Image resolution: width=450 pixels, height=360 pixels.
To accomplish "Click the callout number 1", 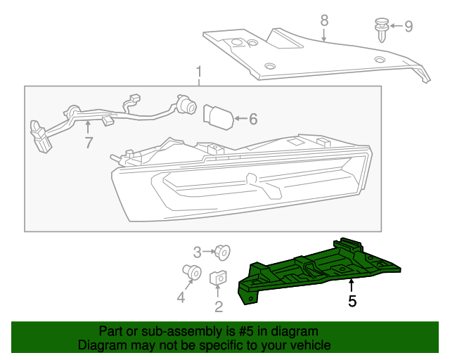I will click(x=199, y=72).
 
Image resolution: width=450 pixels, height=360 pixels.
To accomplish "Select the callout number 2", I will click(x=219, y=306).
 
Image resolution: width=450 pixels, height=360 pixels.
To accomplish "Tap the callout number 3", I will click(x=198, y=251).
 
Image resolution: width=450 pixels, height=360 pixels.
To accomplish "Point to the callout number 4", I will click(x=181, y=297).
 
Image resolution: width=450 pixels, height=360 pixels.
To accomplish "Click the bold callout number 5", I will click(x=352, y=302).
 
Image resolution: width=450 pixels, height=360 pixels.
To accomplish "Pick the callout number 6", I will click(x=253, y=120).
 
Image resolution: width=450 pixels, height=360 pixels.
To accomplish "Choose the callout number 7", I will click(x=89, y=143).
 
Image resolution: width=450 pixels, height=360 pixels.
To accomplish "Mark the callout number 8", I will click(x=324, y=20).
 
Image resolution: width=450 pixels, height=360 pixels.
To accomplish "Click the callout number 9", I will click(x=408, y=27).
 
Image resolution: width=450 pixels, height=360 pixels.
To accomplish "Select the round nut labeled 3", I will click(x=222, y=251).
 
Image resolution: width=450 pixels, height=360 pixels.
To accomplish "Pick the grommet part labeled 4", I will click(x=191, y=271).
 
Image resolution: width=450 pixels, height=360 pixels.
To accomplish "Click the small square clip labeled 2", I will click(x=218, y=280).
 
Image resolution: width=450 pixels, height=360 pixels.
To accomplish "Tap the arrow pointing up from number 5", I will click(x=352, y=285).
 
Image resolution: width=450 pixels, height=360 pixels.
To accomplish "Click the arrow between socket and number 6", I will click(x=238, y=120).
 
